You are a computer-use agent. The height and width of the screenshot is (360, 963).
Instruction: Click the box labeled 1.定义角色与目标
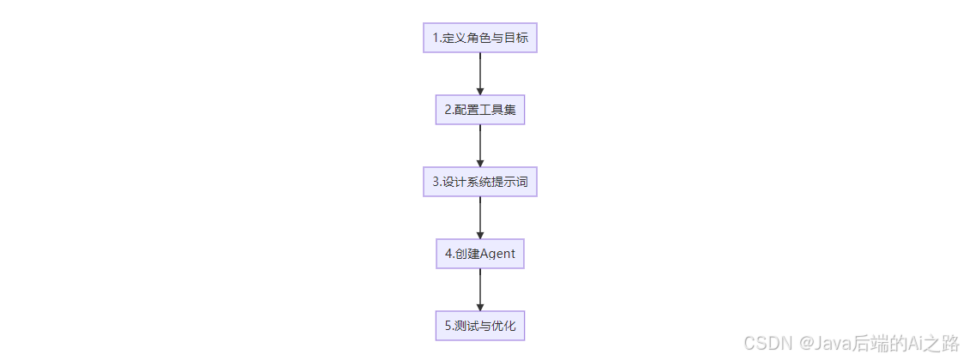(x=479, y=38)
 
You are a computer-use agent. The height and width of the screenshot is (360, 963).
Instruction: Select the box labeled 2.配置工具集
(x=479, y=110)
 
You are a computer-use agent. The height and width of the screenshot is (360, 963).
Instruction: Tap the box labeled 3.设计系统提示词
(x=479, y=182)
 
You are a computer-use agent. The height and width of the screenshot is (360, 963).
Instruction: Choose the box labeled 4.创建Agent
(x=479, y=254)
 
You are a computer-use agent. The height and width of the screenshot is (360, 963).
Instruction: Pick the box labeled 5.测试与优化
(x=479, y=326)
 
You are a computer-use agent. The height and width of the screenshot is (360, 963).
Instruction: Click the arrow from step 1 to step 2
(x=479, y=72)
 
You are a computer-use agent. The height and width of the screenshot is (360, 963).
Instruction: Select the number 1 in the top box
(x=435, y=38)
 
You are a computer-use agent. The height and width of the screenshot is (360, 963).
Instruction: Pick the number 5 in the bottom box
(x=448, y=326)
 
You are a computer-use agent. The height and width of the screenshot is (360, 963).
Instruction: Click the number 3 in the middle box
(x=435, y=182)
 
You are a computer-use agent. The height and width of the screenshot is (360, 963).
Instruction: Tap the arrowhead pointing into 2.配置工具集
(x=479, y=91)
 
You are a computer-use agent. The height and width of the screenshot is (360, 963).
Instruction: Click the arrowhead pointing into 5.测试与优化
(x=479, y=307)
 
